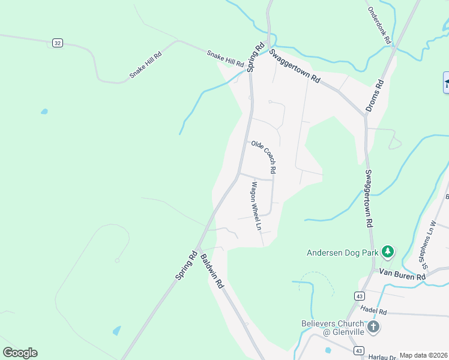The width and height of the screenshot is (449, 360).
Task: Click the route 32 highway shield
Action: pyautogui.click(x=57, y=43)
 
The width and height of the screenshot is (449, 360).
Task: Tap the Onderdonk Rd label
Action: pyautogui.click(x=379, y=26)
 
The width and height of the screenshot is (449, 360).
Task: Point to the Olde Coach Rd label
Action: pyautogui.click(x=264, y=157)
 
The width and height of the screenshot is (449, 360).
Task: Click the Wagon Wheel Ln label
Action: pyautogui.click(x=256, y=206)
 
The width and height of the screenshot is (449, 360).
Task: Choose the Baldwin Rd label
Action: pyautogui.click(x=212, y=272)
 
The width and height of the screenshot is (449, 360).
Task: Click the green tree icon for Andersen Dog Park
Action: pyautogui.click(x=388, y=251)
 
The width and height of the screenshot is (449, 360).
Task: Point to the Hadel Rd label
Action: pyautogui.click(x=374, y=311)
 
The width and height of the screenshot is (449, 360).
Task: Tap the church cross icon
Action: pyautogui.click(x=373, y=327)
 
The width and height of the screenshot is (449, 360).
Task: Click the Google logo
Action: pyautogui.click(x=20, y=353)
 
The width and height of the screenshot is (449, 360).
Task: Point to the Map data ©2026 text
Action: pyautogui.click(x=423, y=355)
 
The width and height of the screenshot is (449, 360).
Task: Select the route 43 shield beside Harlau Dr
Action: pyautogui.click(x=358, y=350)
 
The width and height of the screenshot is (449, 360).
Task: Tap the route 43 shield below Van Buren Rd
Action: pyautogui.click(x=359, y=296)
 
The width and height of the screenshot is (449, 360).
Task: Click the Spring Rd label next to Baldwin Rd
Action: pyautogui.click(x=187, y=264)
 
